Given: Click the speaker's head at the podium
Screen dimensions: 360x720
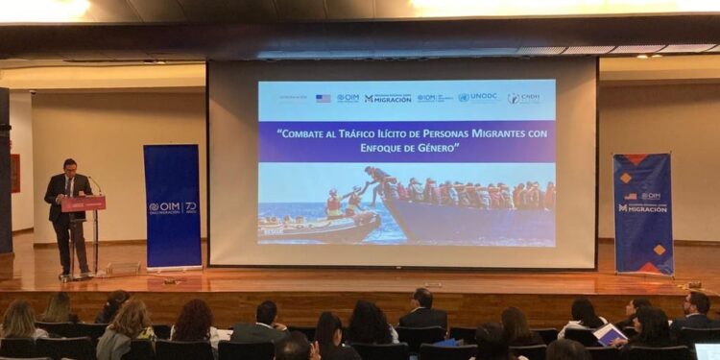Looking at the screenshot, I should click(x=69, y=167).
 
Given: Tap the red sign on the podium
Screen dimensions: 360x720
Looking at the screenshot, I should click(x=83, y=204).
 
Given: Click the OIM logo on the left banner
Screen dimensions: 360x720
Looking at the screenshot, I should click(x=165, y=206).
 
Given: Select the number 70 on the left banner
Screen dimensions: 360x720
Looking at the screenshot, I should click(x=190, y=206).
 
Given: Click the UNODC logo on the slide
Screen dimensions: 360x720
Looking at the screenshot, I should click(x=478, y=97).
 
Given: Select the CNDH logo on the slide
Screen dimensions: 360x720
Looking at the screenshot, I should click(x=524, y=97).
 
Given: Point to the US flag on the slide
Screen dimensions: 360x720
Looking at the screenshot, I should click(x=323, y=98).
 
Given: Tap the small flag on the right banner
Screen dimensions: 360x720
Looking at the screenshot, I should click(x=631, y=196).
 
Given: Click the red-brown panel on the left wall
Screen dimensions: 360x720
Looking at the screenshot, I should click(x=14, y=173).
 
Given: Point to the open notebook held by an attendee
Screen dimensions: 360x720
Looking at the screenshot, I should click(x=609, y=333).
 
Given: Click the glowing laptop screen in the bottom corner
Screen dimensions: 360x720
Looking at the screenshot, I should click(x=708, y=351).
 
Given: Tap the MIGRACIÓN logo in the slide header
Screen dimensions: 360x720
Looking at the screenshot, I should click(x=388, y=98).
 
